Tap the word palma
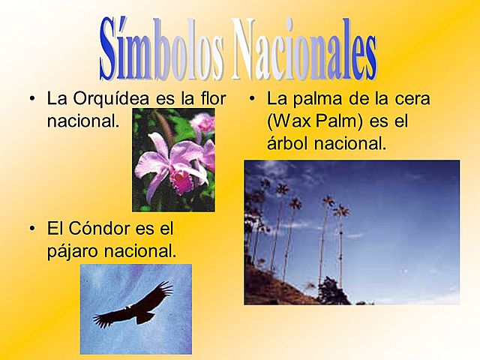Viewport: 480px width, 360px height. click(312, 98)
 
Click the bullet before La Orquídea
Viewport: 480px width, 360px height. click(31, 99)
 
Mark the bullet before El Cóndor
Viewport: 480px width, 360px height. click(31, 227)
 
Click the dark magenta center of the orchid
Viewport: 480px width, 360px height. click(181, 180)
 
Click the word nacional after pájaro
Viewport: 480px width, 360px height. click(143, 250)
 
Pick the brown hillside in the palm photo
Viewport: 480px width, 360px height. click(270, 289)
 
